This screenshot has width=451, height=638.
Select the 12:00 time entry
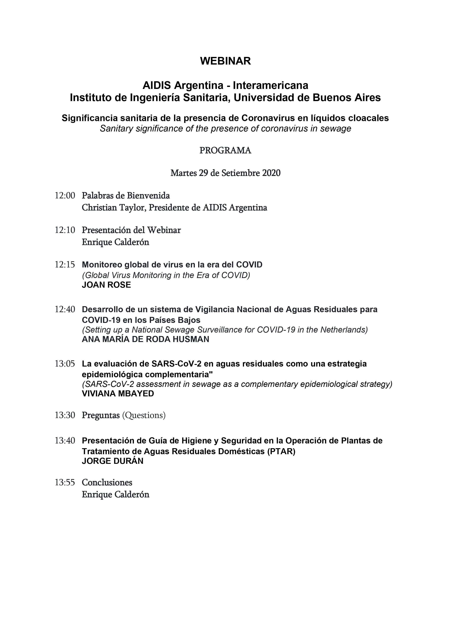pyautogui.click(x=65, y=196)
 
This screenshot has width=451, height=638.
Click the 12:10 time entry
pyautogui.click(x=65, y=230)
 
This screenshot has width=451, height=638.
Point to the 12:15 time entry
pyautogui.click(x=65, y=265)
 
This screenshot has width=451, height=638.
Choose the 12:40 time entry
pyautogui.click(x=65, y=309)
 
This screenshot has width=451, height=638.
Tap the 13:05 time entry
pyautogui.click(x=65, y=364)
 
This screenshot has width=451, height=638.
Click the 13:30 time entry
pyautogui.click(x=65, y=415)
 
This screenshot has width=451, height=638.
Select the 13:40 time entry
pyautogui.click(x=65, y=441)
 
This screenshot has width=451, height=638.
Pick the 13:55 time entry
pyautogui.click(x=65, y=482)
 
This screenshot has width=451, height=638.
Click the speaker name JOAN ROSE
pyautogui.click(x=106, y=285)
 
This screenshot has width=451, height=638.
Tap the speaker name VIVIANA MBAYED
pyautogui.click(x=118, y=394)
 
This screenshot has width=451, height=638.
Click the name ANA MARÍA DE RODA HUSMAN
pyautogui.click(x=145, y=339)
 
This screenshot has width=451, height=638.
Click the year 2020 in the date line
pyautogui.click(x=271, y=173)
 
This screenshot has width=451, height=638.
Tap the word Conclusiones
pyautogui.click(x=107, y=482)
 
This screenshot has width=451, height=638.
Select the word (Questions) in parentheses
pyautogui.click(x=144, y=415)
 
